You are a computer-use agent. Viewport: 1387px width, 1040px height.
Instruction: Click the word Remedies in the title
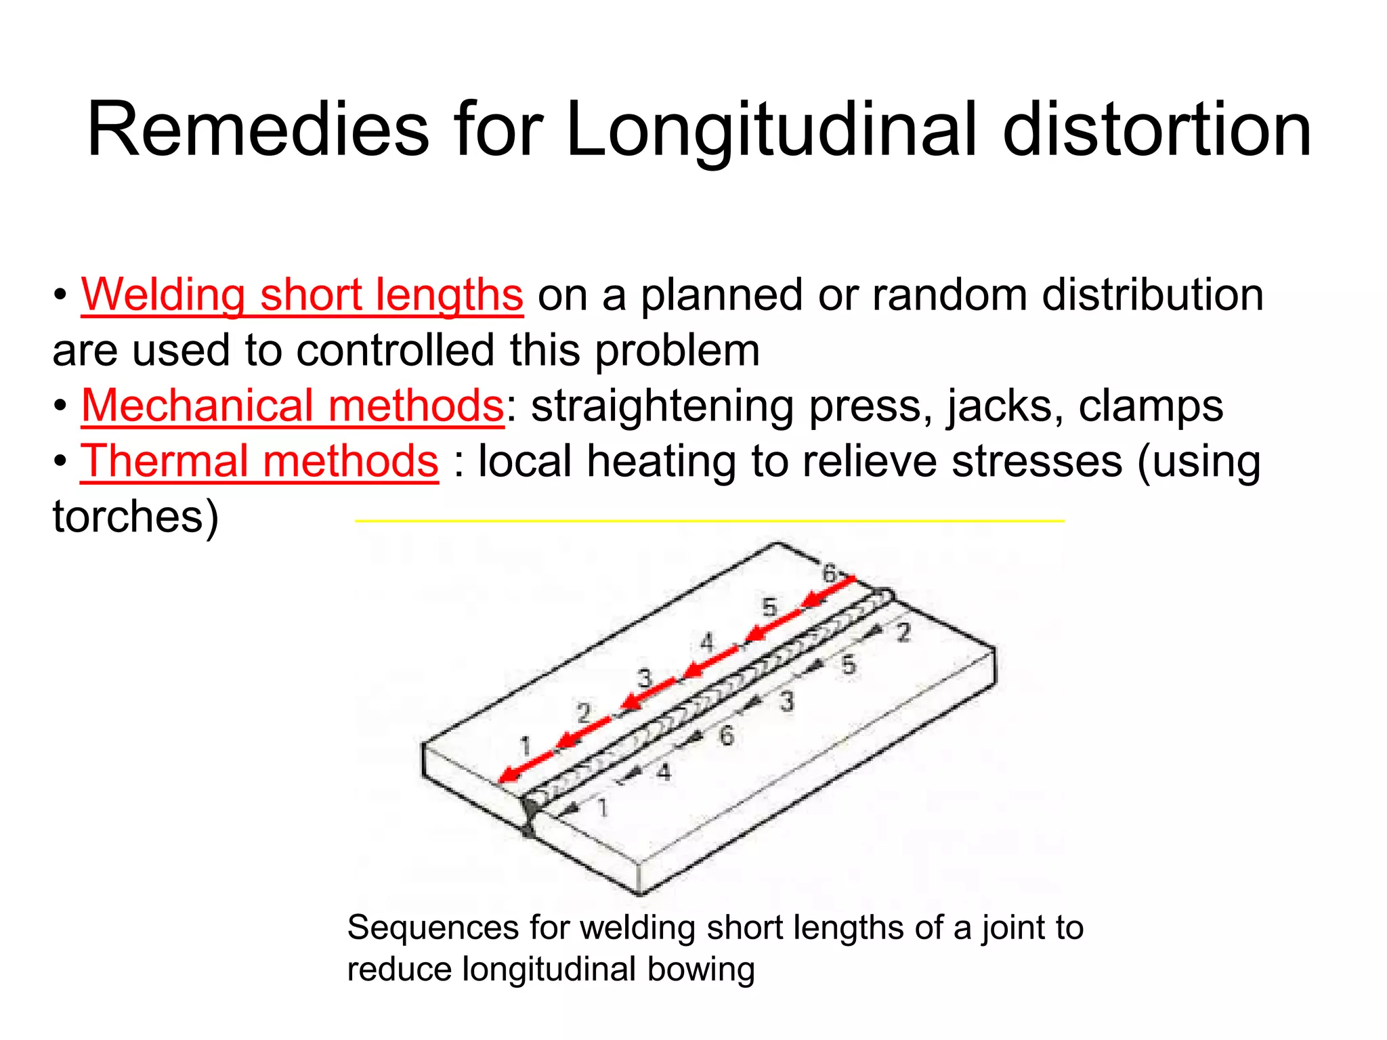pyautogui.click(x=258, y=129)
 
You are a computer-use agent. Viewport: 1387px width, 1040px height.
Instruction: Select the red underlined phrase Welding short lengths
pyautogui.click(x=302, y=295)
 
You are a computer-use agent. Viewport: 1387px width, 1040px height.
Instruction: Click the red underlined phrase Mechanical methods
pyautogui.click(x=293, y=406)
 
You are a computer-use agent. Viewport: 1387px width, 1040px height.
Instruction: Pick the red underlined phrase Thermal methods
pyautogui.click(x=260, y=462)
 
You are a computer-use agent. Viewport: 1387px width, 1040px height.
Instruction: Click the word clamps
pyautogui.click(x=1151, y=406)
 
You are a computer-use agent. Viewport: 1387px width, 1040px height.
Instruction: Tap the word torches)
pyautogui.click(x=135, y=517)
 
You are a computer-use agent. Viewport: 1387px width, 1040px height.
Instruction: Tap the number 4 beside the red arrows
pyautogui.click(x=706, y=642)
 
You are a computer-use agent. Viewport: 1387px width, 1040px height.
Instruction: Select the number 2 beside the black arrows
pyautogui.click(x=904, y=634)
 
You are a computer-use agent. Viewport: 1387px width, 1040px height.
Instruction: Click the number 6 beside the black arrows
pyautogui.click(x=726, y=736)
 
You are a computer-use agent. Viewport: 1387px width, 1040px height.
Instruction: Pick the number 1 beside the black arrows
pyautogui.click(x=602, y=808)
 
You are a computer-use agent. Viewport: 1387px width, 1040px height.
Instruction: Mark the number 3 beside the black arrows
pyautogui.click(x=786, y=702)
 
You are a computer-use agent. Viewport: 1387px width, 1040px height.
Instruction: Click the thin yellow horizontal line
pyautogui.click(x=709, y=521)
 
